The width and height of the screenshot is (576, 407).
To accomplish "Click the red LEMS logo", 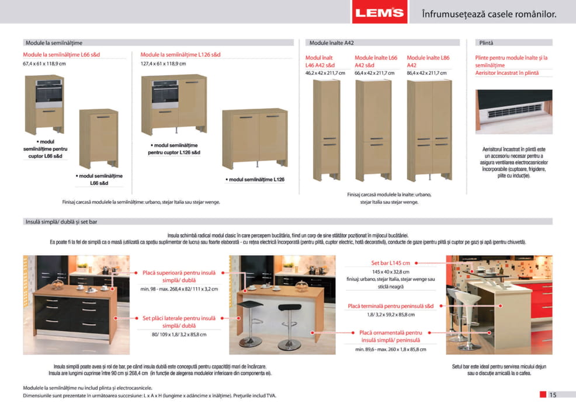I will [x=381, y=12].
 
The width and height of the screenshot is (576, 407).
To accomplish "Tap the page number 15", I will [x=553, y=394].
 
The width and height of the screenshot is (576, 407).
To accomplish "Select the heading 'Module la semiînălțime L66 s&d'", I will [x=61, y=54].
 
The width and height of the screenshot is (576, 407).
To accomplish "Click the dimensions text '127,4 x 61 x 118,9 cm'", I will [x=163, y=64].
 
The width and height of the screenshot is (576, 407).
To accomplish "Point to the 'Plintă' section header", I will [x=486, y=43].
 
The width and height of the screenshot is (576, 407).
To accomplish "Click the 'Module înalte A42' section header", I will [x=331, y=43].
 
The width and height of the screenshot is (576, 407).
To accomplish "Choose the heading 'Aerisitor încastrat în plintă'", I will [x=506, y=73].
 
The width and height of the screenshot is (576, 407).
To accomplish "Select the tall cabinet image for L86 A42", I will [x=429, y=130].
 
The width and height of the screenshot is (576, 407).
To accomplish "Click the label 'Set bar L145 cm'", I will [x=390, y=263].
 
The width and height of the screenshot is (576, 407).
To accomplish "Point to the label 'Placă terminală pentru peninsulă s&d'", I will [x=391, y=306].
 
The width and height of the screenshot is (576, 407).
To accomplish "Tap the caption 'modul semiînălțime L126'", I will [x=256, y=179].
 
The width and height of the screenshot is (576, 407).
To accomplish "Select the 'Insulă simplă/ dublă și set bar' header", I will [x=61, y=222].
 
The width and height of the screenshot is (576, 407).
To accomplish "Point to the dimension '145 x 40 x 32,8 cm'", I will [x=391, y=272].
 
